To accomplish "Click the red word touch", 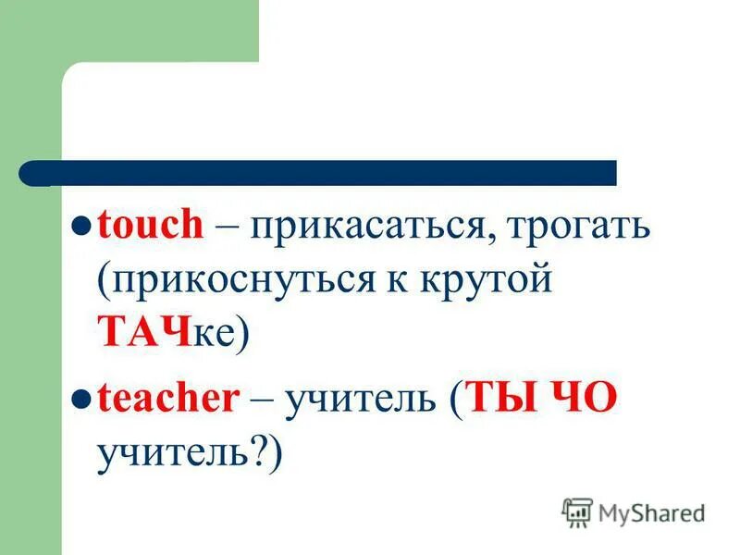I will click(150, 228).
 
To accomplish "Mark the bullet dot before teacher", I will click(80, 400).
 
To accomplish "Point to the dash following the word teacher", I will click(261, 401).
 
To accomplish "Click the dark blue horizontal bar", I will click(333, 173).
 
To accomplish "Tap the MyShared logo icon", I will click(577, 512).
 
